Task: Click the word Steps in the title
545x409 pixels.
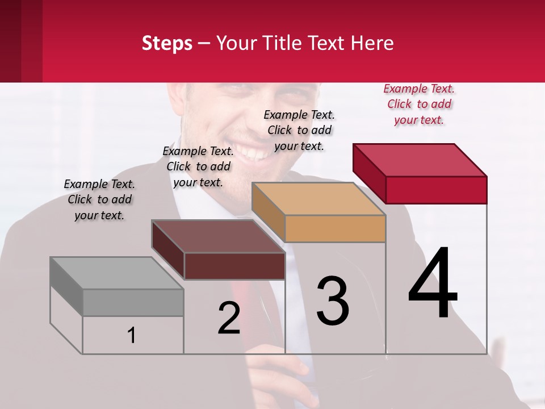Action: click(167, 43)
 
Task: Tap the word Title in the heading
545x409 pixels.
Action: click(282, 43)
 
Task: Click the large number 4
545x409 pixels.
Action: click(433, 284)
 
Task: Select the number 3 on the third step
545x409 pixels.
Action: click(333, 302)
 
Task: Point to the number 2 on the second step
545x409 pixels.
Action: click(229, 319)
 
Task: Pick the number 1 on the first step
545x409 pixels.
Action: click(131, 335)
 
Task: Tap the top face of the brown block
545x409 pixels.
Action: click(218, 236)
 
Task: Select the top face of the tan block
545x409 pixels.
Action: click(318, 199)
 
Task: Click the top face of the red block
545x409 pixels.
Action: click(420, 160)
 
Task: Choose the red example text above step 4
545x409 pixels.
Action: click(419, 105)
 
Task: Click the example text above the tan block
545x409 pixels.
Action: click(299, 131)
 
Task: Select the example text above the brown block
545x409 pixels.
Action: click(198, 167)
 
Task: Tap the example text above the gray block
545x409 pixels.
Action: click(99, 200)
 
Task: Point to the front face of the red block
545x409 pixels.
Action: click(436, 190)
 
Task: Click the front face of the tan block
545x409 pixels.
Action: click(335, 229)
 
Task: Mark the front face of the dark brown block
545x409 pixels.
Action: click(234, 266)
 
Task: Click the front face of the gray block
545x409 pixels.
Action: click(133, 302)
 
